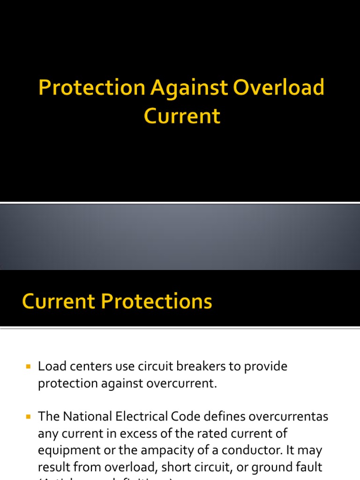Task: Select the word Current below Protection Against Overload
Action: [182, 116]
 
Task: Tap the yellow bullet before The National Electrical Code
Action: [29, 416]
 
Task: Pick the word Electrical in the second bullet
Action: [149, 416]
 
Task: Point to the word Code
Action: [196, 416]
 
